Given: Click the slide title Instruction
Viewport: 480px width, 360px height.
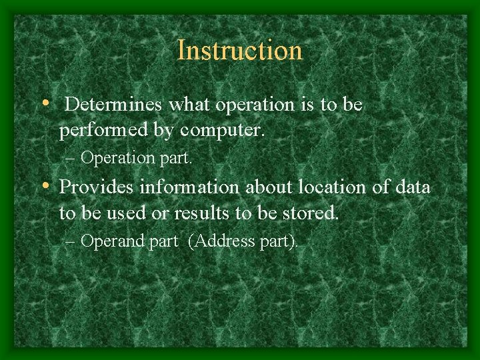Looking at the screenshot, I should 239,51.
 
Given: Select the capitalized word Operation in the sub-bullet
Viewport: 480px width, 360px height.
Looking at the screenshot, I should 117,159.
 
